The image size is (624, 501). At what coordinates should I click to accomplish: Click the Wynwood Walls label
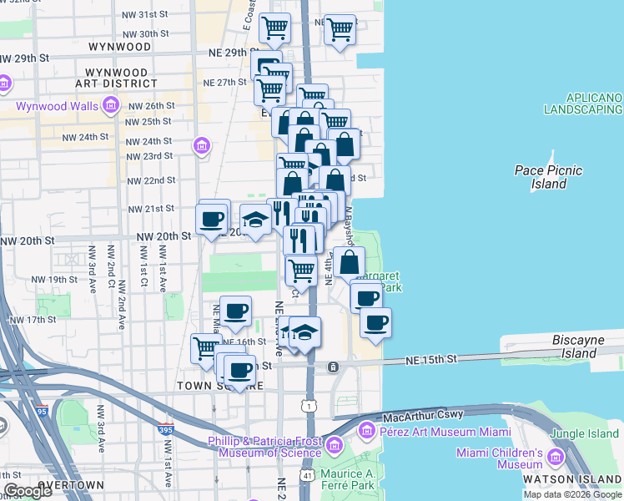pos(56,106)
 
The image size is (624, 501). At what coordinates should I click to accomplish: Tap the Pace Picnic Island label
pos(548,177)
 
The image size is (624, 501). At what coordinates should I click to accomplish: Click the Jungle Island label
pos(587,433)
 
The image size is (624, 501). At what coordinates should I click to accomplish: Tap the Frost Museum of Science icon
pos(335,445)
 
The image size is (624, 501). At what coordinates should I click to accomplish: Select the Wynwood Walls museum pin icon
pos(110,106)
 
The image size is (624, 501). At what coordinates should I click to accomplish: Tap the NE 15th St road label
pos(433,359)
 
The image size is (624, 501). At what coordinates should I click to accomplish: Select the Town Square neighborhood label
pos(220,387)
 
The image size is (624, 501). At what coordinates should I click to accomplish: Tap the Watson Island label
pos(572,479)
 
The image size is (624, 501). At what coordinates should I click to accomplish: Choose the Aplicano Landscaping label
pos(583,104)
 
